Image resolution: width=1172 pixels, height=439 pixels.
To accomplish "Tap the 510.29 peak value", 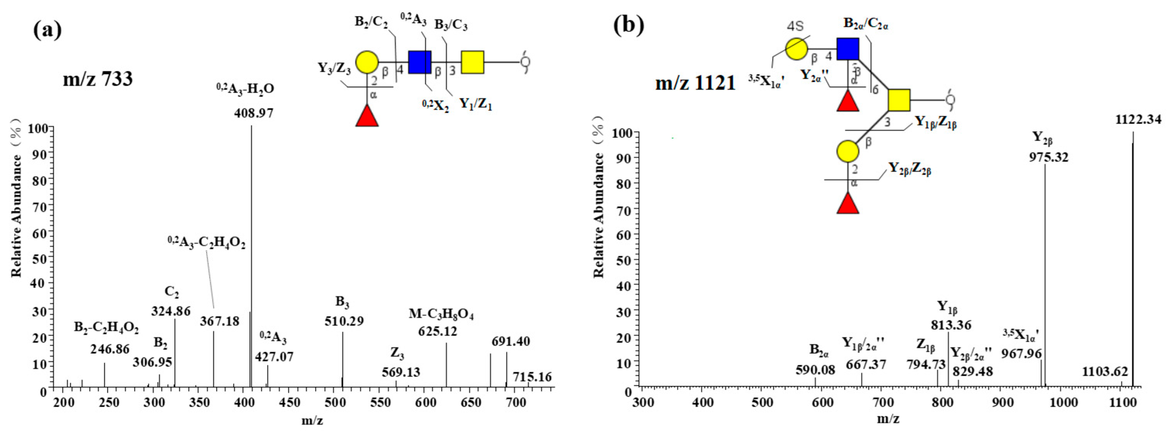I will tap(344, 321).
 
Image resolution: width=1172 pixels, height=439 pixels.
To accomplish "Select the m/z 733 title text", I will tap(98, 79).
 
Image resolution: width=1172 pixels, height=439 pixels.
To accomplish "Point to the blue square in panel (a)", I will tap(420, 62).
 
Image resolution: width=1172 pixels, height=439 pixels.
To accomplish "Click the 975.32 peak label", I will tap(1049, 157).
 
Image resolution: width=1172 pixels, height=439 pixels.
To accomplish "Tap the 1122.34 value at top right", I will tap(1138, 120).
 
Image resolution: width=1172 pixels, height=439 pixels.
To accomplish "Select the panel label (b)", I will tap(629, 25).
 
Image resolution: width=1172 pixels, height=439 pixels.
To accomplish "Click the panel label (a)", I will tap(47, 30).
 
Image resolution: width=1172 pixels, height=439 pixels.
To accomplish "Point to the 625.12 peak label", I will tap(437, 331).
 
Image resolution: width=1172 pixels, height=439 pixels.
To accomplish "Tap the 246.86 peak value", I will tap(110, 349).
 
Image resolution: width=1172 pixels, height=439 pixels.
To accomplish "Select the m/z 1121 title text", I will tap(695, 84).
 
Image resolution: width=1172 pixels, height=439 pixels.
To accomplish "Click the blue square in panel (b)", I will tap(848, 49).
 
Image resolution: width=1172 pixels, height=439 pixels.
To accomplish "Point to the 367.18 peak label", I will tap(219, 321).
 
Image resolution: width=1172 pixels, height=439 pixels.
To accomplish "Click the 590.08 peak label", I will tap(815, 370).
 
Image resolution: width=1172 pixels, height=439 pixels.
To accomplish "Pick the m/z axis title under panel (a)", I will tap(312, 421).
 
